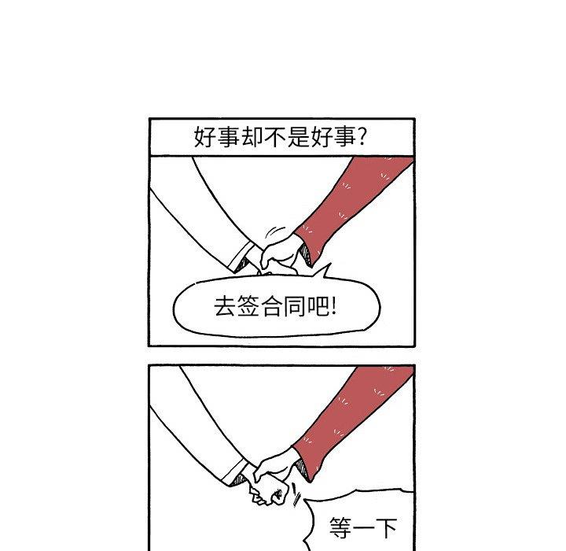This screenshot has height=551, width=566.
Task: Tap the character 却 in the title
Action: tap(252, 137)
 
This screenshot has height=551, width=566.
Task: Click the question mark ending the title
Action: tap(362, 136)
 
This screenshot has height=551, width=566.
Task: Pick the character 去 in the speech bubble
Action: tap(226, 306)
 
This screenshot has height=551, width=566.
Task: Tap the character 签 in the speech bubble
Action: tap(249, 306)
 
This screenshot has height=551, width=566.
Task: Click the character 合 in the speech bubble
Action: tap(273, 306)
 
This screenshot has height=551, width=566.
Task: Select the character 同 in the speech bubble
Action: tap(296, 306)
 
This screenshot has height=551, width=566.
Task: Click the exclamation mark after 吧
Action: tap(333, 306)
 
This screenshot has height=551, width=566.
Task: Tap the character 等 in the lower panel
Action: tap(340, 528)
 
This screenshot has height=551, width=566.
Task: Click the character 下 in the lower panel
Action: tap(386, 528)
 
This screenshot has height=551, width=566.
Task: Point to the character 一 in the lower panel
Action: tap(363, 528)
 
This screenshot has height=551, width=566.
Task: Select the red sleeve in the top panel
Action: tap(347, 206)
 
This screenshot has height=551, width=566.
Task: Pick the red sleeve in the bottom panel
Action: tap(347, 420)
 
